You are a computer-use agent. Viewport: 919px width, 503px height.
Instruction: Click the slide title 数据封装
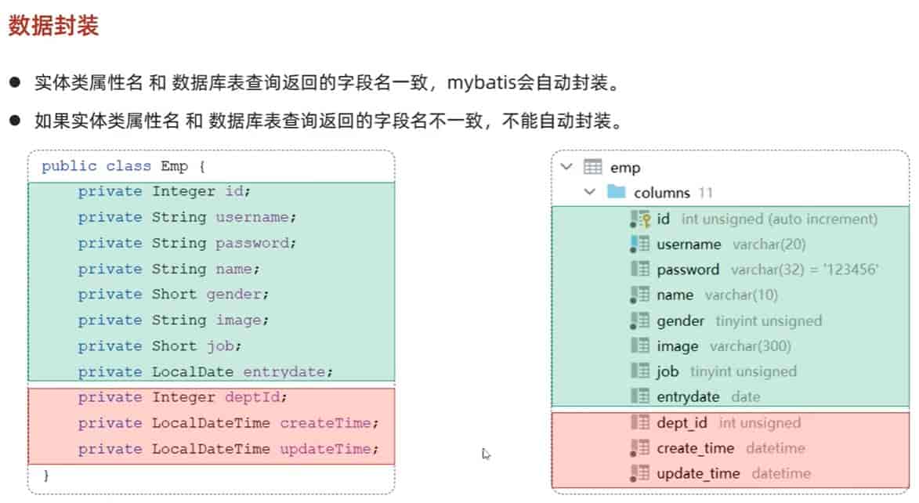tap(53, 26)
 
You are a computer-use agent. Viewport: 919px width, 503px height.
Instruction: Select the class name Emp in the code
tap(175, 166)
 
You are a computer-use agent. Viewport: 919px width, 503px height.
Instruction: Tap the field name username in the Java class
tap(253, 217)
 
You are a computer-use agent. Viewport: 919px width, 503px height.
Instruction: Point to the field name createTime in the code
tap(324, 423)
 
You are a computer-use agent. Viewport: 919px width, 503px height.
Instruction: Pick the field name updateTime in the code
tap(324, 449)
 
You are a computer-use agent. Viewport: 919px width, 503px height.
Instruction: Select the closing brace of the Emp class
tap(45, 475)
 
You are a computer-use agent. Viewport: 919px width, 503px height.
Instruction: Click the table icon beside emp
tap(592, 167)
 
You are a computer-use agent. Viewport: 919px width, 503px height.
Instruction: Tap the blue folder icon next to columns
tap(617, 192)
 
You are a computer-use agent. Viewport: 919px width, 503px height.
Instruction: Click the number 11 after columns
tap(706, 193)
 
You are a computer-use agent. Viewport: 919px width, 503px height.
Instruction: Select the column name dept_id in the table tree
tap(682, 423)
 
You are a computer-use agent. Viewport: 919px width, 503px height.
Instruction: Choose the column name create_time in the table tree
tap(695, 448)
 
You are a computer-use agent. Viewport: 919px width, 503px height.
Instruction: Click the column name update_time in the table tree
tap(697, 473)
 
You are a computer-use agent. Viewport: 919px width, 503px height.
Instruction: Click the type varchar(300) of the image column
tap(750, 346)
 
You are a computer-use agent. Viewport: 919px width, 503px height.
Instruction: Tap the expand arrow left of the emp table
tap(566, 167)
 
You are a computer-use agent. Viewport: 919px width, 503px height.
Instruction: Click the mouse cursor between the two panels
tap(487, 453)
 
